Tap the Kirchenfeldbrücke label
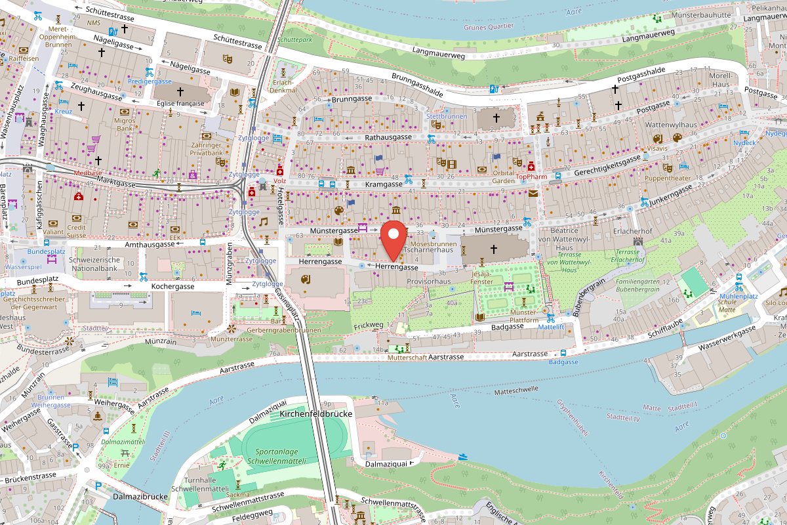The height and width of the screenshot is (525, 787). [x=315, y=414]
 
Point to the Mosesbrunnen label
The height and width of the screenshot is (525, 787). [x=434, y=243]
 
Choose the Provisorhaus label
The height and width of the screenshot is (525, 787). [x=429, y=281]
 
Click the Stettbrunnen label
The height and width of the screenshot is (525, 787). [x=447, y=116]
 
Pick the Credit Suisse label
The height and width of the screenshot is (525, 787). [x=77, y=230]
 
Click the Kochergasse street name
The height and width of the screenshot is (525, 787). [x=172, y=287]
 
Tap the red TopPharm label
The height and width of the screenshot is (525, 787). [x=531, y=177]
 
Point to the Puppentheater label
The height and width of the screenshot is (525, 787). [x=667, y=178]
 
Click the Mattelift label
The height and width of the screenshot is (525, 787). [x=551, y=326]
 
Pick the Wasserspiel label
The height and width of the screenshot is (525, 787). [x=24, y=268]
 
